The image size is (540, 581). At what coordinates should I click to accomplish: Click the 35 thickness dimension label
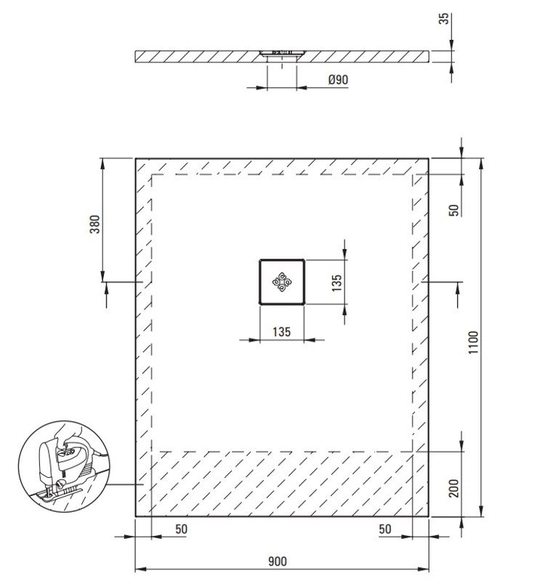[x=443, y=19]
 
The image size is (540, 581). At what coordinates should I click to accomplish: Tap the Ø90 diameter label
[x=338, y=80]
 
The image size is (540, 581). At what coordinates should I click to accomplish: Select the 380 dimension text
[x=95, y=224]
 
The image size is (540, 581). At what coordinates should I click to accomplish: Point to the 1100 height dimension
[x=473, y=342]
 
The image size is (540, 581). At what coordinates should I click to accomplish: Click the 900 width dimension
[x=278, y=561]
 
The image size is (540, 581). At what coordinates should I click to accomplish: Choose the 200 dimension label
[x=454, y=488]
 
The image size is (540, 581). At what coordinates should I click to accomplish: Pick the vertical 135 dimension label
[x=337, y=283]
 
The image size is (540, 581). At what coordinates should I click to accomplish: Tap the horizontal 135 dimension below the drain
[x=281, y=332]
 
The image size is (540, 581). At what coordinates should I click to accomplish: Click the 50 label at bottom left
[x=181, y=529]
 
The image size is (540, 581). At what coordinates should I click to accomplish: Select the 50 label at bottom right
[x=385, y=529]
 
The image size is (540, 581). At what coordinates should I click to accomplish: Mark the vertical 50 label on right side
[x=454, y=210]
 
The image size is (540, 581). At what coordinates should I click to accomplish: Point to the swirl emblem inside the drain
[x=282, y=283]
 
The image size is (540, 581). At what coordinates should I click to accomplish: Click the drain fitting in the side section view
[x=282, y=53]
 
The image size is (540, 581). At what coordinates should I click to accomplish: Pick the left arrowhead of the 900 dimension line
[x=140, y=569]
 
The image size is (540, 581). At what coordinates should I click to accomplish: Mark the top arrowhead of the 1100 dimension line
[x=481, y=163]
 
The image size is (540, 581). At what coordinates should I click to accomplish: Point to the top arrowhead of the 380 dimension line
[x=102, y=163]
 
